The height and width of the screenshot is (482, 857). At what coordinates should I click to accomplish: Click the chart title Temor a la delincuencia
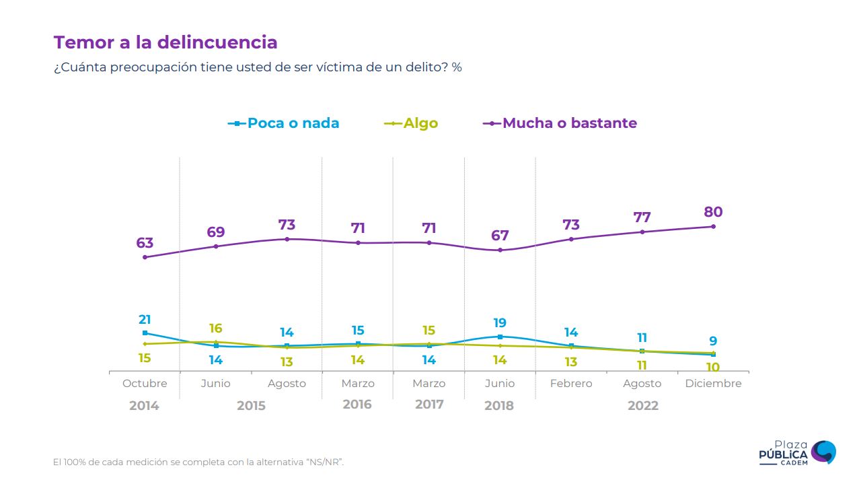[x=165, y=42]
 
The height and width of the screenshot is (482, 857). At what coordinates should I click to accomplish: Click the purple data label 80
[x=713, y=212]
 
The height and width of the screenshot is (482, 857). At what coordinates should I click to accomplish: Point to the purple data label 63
[x=145, y=243]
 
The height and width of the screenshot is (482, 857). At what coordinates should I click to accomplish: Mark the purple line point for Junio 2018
[x=500, y=250]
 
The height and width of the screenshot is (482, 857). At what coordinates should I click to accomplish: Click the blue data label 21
[x=145, y=320]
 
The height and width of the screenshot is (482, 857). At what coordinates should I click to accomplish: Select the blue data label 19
[x=500, y=323]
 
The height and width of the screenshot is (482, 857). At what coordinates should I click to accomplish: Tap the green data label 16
[x=215, y=329]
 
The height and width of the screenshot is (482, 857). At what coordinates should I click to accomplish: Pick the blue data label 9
[x=713, y=341]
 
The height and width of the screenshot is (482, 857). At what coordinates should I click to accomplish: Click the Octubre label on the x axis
[x=145, y=383]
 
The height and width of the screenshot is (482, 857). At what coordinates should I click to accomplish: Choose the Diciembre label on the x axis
[x=713, y=383]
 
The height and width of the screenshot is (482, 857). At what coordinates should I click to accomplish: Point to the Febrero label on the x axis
[x=571, y=383]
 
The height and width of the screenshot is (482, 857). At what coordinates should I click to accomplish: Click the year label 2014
[x=144, y=405]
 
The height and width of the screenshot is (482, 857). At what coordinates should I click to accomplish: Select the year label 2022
[x=642, y=405]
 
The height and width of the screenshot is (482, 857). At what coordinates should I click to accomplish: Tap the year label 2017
[x=429, y=405]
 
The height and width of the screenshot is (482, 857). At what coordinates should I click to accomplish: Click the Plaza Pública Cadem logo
[x=797, y=452]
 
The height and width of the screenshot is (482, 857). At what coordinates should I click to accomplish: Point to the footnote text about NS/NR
[x=203, y=462]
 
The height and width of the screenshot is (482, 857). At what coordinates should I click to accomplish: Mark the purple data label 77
[x=642, y=217]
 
